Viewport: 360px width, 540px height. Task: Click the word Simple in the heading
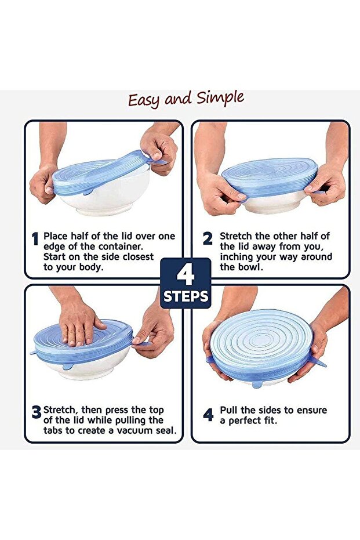220,99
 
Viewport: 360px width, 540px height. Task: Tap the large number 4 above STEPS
186,275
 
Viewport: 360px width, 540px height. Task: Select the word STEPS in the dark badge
186,296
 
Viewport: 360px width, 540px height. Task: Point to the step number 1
35,238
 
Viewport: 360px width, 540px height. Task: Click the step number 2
208,238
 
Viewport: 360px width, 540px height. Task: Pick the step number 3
37,412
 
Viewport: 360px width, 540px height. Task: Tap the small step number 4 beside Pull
208,415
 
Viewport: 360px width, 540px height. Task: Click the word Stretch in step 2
236,236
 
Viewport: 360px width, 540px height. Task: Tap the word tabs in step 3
53,430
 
